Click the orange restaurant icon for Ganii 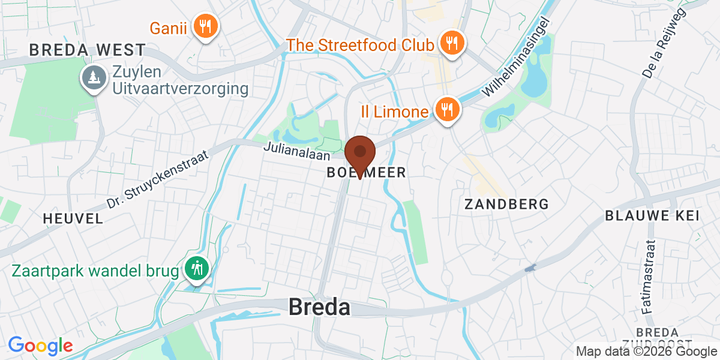[206, 26]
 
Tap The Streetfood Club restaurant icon [449, 43]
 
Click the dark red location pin [360, 154]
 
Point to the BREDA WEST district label [88, 50]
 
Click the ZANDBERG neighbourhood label [507, 204]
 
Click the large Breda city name [319, 307]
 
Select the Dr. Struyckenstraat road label [157, 179]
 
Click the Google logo [40, 346]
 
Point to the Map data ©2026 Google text [646, 352]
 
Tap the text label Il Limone [394, 112]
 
